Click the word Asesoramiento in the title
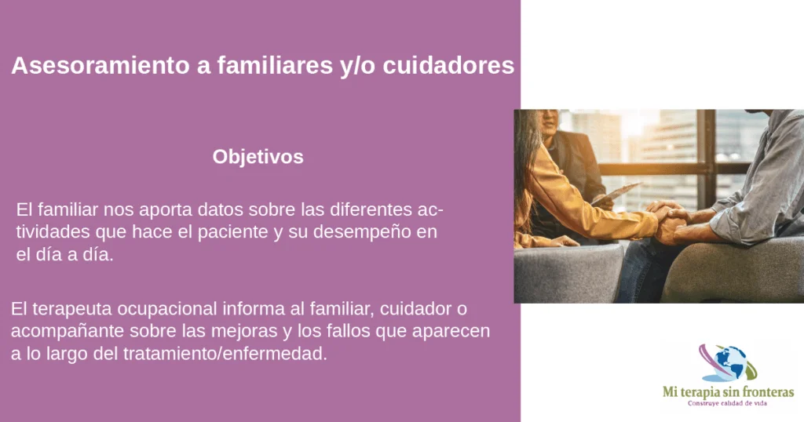coord(100,66)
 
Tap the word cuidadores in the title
coord(448,66)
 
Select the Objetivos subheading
coord(258,157)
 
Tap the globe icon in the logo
coord(731,363)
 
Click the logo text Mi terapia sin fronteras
coord(728,392)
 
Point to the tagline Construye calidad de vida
coord(727,403)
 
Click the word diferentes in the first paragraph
coord(371,209)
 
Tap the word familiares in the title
coord(275,66)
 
